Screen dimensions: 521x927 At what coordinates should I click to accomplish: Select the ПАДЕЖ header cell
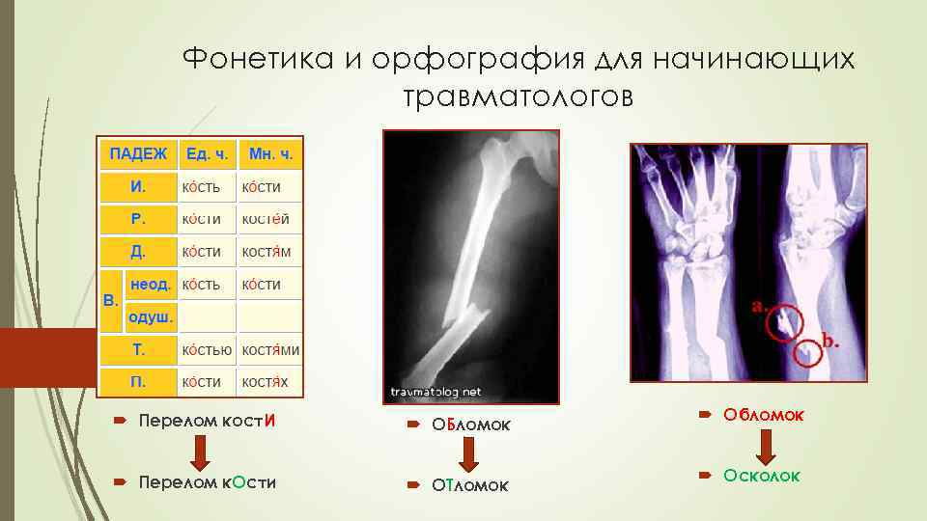click(137, 153)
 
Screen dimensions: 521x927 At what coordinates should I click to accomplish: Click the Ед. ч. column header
click(207, 153)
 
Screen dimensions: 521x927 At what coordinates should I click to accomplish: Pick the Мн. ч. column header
click(270, 153)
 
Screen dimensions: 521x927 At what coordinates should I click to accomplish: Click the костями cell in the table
click(270, 349)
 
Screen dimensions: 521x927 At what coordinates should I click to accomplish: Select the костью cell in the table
click(208, 349)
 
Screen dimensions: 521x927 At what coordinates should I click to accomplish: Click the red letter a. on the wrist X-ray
click(760, 306)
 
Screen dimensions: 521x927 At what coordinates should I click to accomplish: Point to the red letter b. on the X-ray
click(829, 340)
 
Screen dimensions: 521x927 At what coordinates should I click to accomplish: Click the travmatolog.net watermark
click(435, 393)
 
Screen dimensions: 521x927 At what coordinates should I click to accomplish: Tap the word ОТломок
click(470, 484)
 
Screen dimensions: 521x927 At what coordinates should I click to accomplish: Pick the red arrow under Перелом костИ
click(198, 451)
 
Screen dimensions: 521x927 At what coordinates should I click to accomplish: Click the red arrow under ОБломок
click(469, 451)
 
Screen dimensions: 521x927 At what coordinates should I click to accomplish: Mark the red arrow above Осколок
click(766, 445)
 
